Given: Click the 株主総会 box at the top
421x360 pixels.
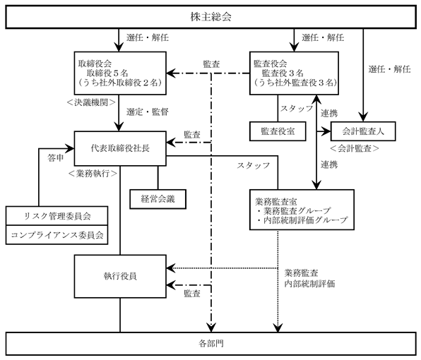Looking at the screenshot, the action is click(210, 17).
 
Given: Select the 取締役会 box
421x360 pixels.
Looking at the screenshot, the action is click(120, 73).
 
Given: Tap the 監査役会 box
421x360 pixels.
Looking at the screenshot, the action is click(294, 73).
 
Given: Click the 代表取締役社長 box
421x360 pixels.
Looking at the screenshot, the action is click(120, 148).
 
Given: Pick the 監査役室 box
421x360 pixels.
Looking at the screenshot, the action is click(278, 131).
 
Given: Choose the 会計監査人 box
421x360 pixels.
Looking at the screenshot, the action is click(363, 131).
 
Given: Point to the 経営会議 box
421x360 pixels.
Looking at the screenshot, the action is click(158, 199).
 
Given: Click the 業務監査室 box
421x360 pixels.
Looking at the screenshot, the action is click(302, 210).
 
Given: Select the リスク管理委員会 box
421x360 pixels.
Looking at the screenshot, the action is click(57, 216).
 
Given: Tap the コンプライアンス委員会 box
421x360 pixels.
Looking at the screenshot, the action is click(57, 235).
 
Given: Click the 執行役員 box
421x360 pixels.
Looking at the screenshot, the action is click(120, 276).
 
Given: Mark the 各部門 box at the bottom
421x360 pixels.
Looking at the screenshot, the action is click(210, 344).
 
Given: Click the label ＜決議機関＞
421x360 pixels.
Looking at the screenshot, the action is click(91, 102).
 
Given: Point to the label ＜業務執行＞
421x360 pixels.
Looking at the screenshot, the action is click(93, 174).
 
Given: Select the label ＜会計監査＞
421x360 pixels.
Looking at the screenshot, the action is click(355, 148).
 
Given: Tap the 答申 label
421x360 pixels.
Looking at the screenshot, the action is click(56, 158).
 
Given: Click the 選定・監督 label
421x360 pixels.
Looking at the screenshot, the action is click(148, 112).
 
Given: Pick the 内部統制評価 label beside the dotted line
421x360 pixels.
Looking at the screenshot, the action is click(309, 284).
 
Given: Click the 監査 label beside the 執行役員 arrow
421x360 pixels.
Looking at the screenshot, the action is click(192, 294).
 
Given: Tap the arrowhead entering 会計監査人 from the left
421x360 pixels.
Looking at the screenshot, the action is click(327, 131).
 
